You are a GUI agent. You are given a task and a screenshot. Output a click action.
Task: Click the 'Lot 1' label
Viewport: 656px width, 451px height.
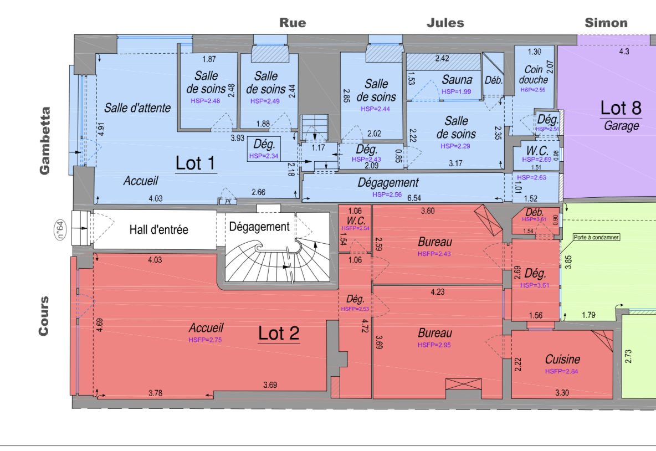pyautogui.click(x=196, y=163)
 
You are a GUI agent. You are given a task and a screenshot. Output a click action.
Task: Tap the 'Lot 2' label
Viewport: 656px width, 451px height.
pyautogui.click(x=279, y=333)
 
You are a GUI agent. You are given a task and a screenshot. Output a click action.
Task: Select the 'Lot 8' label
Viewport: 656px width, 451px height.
pyautogui.click(x=621, y=109)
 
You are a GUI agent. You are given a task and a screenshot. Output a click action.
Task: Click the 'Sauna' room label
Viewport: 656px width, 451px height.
pyautogui.click(x=457, y=80)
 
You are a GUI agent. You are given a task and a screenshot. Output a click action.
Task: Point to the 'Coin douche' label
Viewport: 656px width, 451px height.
pyautogui.click(x=534, y=75)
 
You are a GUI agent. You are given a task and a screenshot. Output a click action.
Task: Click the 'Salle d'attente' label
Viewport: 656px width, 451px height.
pyautogui.click(x=137, y=107)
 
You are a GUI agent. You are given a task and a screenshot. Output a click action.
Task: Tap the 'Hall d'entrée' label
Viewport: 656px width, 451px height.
pyautogui.click(x=158, y=229)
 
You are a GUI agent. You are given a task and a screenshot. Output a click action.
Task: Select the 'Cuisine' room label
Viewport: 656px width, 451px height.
pyautogui.click(x=562, y=360)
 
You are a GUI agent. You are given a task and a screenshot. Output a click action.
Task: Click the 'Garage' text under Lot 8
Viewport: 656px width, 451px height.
pyautogui.click(x=621, y=126)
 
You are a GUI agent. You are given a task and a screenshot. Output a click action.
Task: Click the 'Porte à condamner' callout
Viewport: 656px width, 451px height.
pyautogui.click(x=596, y=237)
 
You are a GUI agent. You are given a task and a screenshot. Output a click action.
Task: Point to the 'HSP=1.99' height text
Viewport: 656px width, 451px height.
pyautogui.click(x=456, y=91)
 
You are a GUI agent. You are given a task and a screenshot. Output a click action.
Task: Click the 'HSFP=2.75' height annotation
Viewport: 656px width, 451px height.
pyautogui.click(x=205, y=340)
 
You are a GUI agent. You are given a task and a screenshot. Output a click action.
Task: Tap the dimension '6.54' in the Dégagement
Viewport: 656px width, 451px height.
pyautogui.click(x=414, y=198)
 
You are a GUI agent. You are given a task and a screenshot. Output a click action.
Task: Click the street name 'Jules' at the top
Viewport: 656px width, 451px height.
pyautogui.click(x=445, y=23)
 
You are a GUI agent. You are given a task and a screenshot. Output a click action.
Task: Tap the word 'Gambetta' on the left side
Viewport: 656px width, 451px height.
pyautogui.click(x=45, y=141)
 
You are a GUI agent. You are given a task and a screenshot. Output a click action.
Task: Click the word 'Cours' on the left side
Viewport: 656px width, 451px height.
pyautogui.click(x=44, y=316)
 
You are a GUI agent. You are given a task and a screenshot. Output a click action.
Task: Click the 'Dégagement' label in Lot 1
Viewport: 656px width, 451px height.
pyautogui.click(x=388, y=182)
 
